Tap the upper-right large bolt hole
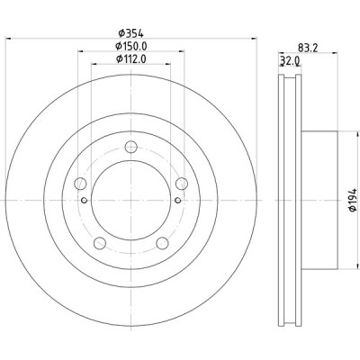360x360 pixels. click(x=181, y=183)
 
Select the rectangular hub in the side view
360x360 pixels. click(x=320, y=200)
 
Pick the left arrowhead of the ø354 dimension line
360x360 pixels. click(x=10, y=41)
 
